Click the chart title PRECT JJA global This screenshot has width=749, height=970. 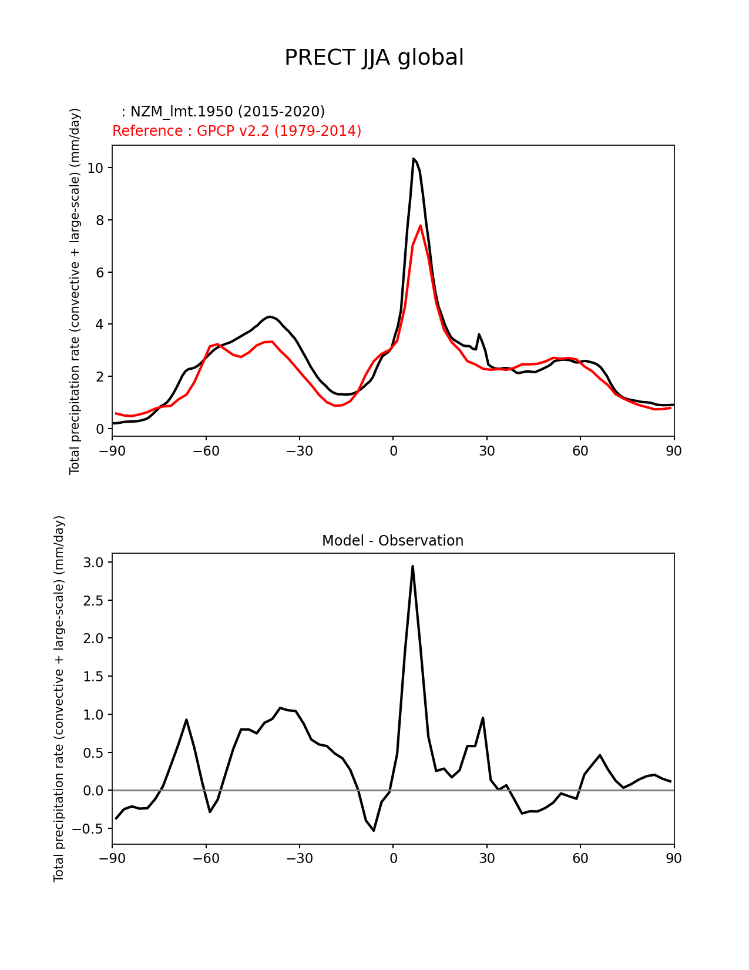coord(374,58)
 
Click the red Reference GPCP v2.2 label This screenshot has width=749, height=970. coord(237,131)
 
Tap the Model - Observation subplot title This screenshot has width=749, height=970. coord(392,541)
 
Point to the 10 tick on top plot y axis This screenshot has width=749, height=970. coord(95,168)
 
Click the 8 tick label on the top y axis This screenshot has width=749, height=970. coord(99,220)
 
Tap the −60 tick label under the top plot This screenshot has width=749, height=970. coord(206,451)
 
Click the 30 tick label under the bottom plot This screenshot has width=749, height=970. coord(487,859)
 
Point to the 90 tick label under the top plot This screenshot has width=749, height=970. coord(674,451)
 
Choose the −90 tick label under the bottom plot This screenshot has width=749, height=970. coord(112,859)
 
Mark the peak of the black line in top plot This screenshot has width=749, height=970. coord(414,159)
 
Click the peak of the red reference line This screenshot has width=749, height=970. coord(421,226)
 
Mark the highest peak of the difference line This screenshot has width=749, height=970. coord(412,566)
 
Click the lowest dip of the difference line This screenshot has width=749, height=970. coord(374,830)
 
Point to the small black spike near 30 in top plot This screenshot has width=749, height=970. coord(479,335)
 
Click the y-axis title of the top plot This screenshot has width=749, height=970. coord(75,291)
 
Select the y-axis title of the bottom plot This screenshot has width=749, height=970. coord(59,698)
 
